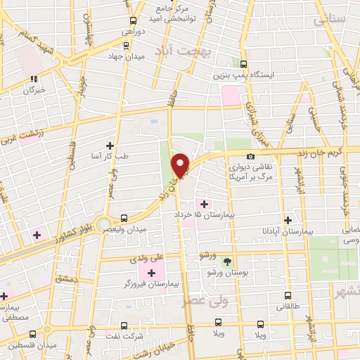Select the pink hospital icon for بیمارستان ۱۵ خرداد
click(x=205, y=204)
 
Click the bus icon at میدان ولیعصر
click(x=124, y=218)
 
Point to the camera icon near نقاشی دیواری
click(x=250, y=156)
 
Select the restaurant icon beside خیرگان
click(x=34, y=79)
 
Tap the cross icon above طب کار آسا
click(x=109, y=145)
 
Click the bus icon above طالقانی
click(x=287, y=296)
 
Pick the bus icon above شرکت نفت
click(x=124, y=326)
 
